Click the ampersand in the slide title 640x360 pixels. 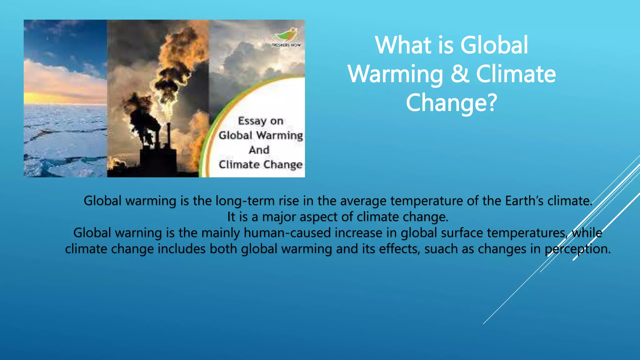pyautogui.click(x=459, y=74)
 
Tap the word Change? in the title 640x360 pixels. pyautogui.click(x=451, y=103)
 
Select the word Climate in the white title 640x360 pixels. pyautogui.click(x=516, y=74)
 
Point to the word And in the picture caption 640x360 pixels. pyautogui.click(x=259, y=150)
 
